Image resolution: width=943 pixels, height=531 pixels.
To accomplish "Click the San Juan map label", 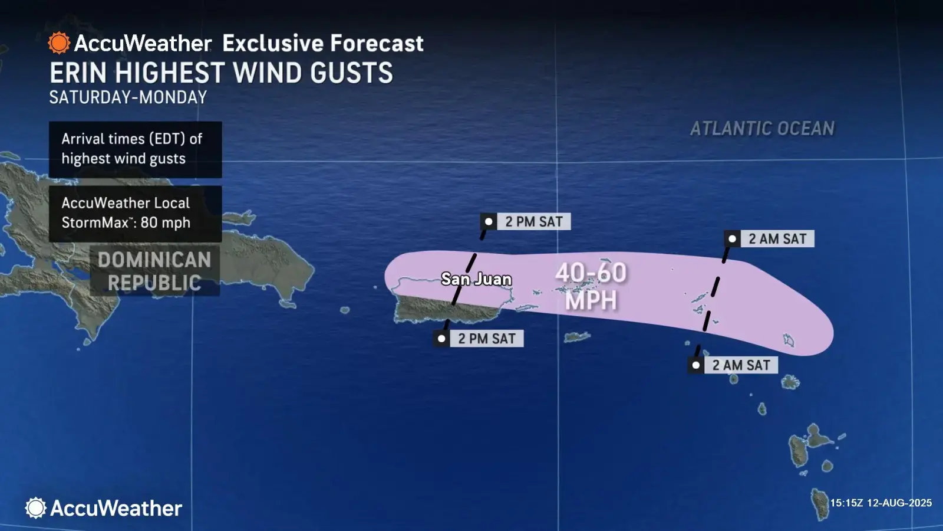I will pos(476,279).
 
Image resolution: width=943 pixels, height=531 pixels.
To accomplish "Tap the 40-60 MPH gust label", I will pos(591,286).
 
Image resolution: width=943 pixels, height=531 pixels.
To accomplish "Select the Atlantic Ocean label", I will pos(762,129).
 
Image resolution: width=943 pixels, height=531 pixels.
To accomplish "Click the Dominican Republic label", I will pos(154,271).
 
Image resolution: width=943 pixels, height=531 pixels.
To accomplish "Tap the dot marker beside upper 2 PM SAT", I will pos(489,222).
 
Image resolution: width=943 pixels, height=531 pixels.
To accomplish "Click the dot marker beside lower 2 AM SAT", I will pos(696,365).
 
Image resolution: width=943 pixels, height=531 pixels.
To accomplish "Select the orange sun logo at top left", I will pos(59,43).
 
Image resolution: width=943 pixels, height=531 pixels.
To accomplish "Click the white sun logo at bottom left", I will pos(35,508).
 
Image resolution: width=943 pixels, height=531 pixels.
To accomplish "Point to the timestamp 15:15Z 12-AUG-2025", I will pos(881,503).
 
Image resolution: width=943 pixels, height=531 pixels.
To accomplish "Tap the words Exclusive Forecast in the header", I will pos(323,43).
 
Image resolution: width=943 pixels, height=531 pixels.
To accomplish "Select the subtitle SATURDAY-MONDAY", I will pos(128,97).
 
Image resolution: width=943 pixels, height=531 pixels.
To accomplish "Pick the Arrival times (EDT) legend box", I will pos(135,149).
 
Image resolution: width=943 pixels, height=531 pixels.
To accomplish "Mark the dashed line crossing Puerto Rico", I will pos(463,280).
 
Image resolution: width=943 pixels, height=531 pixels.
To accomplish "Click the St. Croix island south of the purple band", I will pos(577,337).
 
